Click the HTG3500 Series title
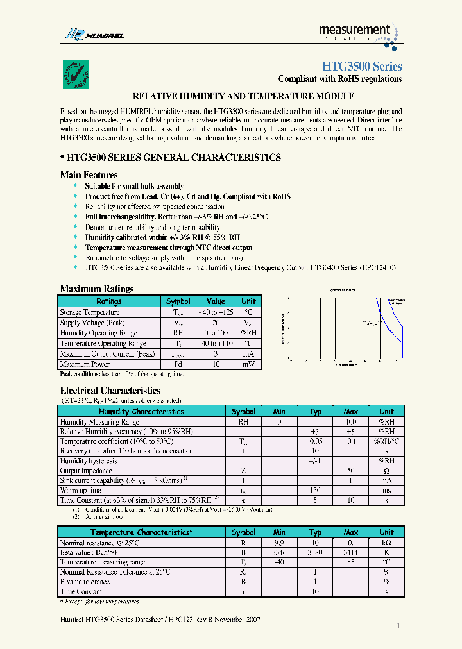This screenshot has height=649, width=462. coord(361,67)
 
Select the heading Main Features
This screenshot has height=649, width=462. coord(89,174)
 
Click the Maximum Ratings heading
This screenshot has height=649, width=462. coord(96,289)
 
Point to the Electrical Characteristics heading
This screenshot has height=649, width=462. coord(110,390)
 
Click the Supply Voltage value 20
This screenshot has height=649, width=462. coord(216,323)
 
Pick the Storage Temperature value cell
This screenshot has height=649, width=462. coord(216,312)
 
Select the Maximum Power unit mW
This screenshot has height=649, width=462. coord(248,364)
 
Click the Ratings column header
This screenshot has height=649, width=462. coord(108,301)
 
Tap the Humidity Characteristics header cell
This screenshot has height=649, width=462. coord(141,411)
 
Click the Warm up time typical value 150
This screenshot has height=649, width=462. coord(314,489)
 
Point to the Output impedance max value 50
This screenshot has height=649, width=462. coord(351,471)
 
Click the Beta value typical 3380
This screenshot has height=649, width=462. coord(314,552)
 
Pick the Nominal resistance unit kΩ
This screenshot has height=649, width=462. coord(386,542)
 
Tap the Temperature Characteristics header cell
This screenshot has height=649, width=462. coord(141,532)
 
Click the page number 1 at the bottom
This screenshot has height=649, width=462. coord(398,627)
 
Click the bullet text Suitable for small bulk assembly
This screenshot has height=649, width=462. coord(134,186)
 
